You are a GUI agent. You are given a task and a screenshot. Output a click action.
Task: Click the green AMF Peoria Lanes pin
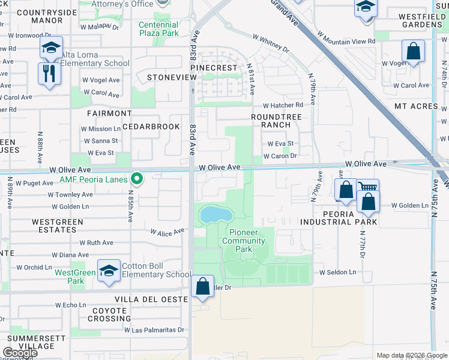pyautogui.click(x=137, y=179)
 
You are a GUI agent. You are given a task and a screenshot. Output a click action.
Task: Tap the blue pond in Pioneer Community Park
pyautogui.click(x=215, y=214)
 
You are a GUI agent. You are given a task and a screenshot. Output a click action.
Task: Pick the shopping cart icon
pyautogui.click(x=367, y=188)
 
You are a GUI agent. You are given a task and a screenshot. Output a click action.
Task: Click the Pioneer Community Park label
pyautogui.click(x=244, y=241)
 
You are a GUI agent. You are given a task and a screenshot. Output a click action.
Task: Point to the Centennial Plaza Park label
pyautogui.click(x=158, y=29)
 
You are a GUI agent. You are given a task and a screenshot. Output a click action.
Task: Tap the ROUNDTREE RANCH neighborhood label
pyautogui.click(x=271, y=121)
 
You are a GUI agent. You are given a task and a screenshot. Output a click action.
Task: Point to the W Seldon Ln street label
pyautogui.click(x=337, y=272)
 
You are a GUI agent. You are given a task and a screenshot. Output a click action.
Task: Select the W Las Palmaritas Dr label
pyautogui.click(x=154, y=330)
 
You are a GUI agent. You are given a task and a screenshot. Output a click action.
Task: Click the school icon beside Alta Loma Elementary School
pyautogui.click(x=52, y=47)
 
